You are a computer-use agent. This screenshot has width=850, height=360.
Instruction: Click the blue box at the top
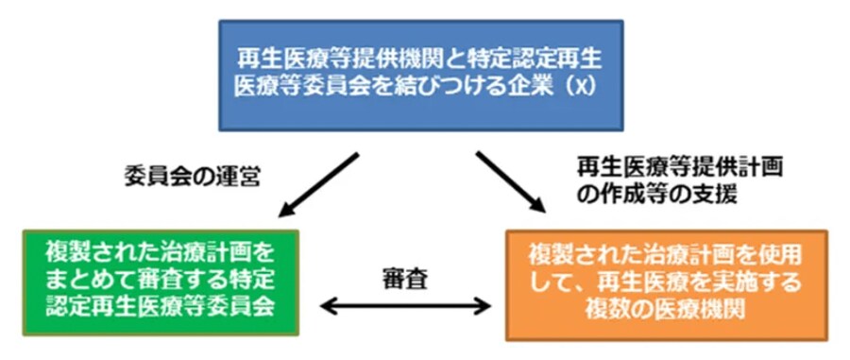420,76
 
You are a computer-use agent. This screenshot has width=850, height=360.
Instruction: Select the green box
161,283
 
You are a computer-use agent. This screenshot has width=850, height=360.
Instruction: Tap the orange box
666,285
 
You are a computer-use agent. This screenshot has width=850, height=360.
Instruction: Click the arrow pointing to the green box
318,185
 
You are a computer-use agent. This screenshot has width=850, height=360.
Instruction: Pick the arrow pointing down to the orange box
511,182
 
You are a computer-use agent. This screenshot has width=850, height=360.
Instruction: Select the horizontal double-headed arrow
405,307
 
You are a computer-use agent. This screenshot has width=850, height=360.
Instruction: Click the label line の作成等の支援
657,195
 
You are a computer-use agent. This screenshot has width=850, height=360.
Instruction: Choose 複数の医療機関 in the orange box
666,310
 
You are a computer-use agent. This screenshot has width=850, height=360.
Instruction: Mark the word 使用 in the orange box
778,255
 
